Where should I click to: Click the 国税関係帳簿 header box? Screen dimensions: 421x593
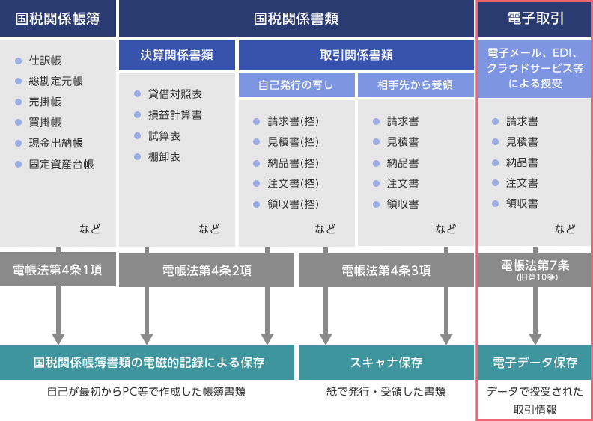[58, 19]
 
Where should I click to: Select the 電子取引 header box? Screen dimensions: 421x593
[535, 19]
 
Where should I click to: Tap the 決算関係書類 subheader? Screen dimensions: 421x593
[177, 55]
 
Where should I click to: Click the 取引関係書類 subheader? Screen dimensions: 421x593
[356, 55]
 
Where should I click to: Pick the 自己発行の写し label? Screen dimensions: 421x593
[296, 84]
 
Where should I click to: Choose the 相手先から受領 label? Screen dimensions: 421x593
[416, 84]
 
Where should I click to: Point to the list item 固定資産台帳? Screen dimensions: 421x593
[61, 165]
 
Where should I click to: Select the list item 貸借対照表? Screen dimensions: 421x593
[174, 94]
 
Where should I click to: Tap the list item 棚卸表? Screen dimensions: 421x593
[164, 157]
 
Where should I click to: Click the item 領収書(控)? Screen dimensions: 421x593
[294, 204]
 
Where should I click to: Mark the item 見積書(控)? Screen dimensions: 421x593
[294, 141]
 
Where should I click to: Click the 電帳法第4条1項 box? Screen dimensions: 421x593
[58, 270]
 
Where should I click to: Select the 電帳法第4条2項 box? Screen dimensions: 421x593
[207, 271]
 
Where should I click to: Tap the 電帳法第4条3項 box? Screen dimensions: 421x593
[386, 271]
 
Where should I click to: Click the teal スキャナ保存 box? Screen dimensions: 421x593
[386, 363]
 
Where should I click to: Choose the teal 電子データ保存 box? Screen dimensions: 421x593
[535, 363]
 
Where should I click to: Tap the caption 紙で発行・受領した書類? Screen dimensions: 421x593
[386, 391]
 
